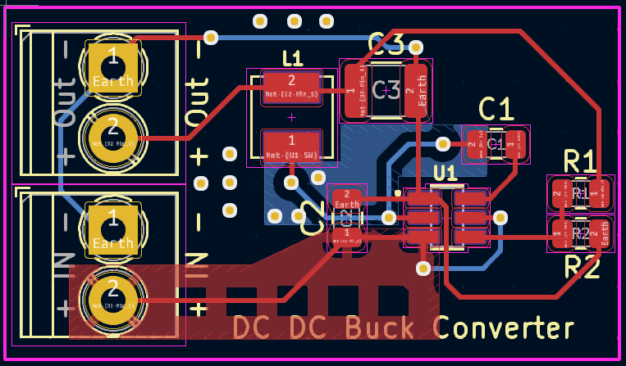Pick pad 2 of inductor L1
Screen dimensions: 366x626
290,85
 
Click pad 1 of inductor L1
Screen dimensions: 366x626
290,145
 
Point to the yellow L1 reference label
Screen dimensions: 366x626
292,58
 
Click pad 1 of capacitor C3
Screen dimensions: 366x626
354,90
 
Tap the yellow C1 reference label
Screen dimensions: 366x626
496,109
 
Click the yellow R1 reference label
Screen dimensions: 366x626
581,161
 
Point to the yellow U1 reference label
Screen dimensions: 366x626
445,173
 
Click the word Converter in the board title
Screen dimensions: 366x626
504,328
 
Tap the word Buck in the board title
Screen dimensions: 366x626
385,328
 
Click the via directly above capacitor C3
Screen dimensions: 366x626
416,47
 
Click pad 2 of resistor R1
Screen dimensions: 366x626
560,196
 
